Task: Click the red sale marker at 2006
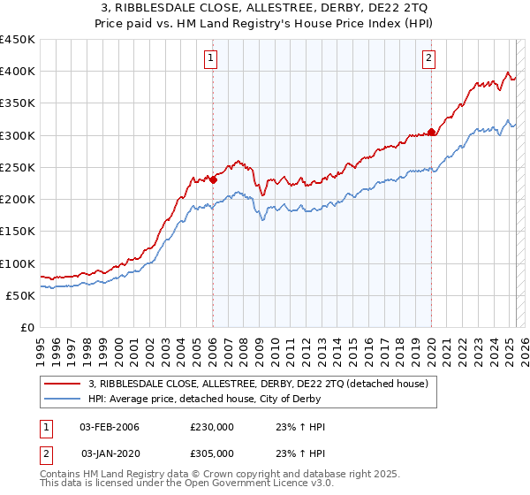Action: [x=213, y=179]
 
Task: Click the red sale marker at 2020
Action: [x=431, y=133]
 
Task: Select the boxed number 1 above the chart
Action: [x=213, y=59]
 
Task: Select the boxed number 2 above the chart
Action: [x=428, y=59]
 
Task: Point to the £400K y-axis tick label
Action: [x=18, y=72]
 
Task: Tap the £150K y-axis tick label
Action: [x=18, y=232]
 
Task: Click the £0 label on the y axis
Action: [x=26, y=328]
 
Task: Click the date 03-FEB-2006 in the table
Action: [x=110, y=427]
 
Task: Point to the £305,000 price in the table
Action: [x=212, y=453]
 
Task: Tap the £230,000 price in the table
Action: [x=212, y=427]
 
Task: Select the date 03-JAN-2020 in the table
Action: [x=110, y=453]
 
